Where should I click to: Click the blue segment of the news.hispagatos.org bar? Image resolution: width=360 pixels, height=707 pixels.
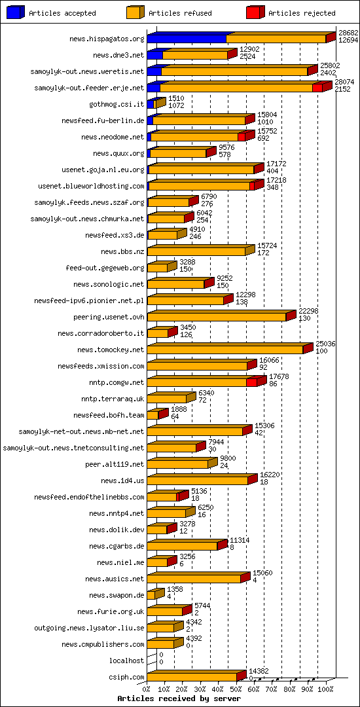coord(187,39)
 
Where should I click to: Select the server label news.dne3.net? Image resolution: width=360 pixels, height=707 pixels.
coord(118,55)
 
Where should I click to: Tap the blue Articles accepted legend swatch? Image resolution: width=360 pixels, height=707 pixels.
coord(16,12)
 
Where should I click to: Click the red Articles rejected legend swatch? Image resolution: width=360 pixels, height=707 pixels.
coord(255,12)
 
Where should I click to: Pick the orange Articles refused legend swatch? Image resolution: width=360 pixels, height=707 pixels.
coord(135,12)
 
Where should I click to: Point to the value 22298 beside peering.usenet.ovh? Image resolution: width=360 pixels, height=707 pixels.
coord(308,312)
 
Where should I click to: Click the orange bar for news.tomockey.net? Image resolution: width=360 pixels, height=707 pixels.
coord(225,350)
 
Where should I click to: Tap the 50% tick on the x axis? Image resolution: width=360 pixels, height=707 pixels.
coord(236,689)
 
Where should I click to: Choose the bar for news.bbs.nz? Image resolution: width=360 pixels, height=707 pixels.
coord(196,251)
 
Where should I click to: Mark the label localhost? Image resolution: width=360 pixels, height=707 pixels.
coord(127,661)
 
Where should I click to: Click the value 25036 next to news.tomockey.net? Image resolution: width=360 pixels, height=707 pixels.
coord(325,344)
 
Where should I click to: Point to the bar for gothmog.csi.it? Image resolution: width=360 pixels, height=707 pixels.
coord(153,104)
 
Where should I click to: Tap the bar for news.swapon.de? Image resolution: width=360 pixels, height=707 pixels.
coord(151,595)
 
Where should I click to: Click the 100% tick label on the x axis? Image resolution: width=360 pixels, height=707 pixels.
coord(325,689)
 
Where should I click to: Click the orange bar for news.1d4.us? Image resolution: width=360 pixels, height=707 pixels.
coord(198,480)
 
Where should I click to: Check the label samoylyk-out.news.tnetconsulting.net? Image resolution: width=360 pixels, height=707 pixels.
coord(73,448)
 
